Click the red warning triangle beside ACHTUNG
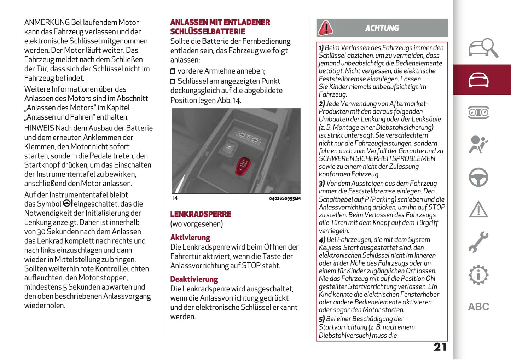click(x=325, y=28)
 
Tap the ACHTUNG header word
click(x=382, y=28)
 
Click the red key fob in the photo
click(x=243, y=166)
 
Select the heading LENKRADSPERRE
click(x=201, y=214)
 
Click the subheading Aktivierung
click(x=190, y=238)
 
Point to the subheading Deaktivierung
click(x=194, y=279)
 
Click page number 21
click(x=440, y=347)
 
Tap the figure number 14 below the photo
click(x=175, y=198)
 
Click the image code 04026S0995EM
click(x=285, y=198)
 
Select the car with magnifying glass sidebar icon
click(x=483, y=48)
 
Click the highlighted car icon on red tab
click(x=478, y=80)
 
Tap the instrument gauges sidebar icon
click(x=478, y=112)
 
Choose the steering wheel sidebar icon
click(x=478, y=177)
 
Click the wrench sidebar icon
click(x=478, y=242)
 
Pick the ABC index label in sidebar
click(x=478, y=307)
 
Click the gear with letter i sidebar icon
click(x=478, y=275)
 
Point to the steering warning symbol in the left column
click(x=68, y=203)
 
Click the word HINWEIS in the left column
click(x=39, y=128)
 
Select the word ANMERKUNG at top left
click(x=47, y=23)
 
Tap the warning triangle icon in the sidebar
click(x=478, y=209)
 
